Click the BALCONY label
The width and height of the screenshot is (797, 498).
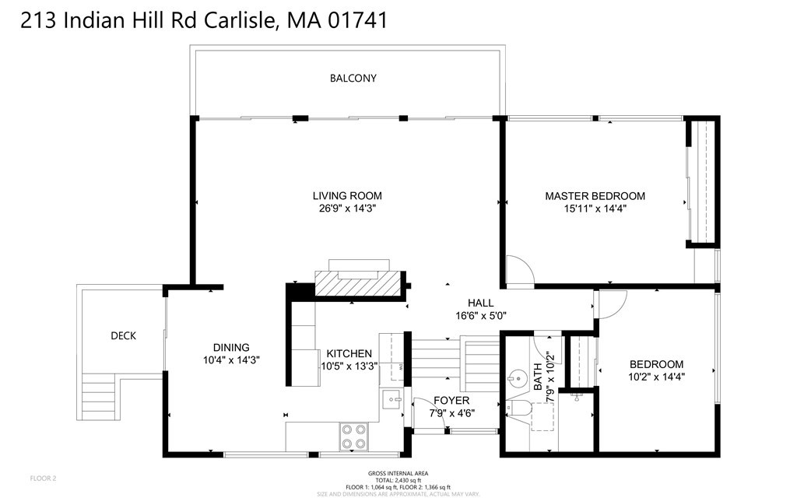pyautogui.click(x=353, y=79)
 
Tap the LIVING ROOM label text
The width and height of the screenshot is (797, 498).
pyautogui.click(x=347, y=196)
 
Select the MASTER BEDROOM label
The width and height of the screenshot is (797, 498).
pyautogui.click(x=595, y=196)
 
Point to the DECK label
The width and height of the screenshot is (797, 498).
pyautogui.click(x=123, y=336)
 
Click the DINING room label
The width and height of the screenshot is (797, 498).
pyautogui.click(x=231, y=348)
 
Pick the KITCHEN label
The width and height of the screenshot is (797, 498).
pyautogui.click(x=349, y=353)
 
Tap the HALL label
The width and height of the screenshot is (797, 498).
pyautogui.click(x=481, y=303)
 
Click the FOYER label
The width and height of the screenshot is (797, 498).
pyautogui.click(x=451, y=401)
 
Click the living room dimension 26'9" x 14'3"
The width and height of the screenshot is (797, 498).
pyautogui.click(x=347, y=209)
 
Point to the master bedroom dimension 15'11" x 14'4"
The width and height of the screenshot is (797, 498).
pyautogui.click(x=595, y=209)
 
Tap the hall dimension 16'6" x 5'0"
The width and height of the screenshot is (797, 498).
pyautogui.click(x=481, y=315)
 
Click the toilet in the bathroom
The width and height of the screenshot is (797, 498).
pyautogui.click(x=518, y=408)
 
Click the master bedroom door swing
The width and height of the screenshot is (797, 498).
pyautogui.click(x=518, y=271)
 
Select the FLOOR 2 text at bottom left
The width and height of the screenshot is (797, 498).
pyautogui.click(x=43, y=478)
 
